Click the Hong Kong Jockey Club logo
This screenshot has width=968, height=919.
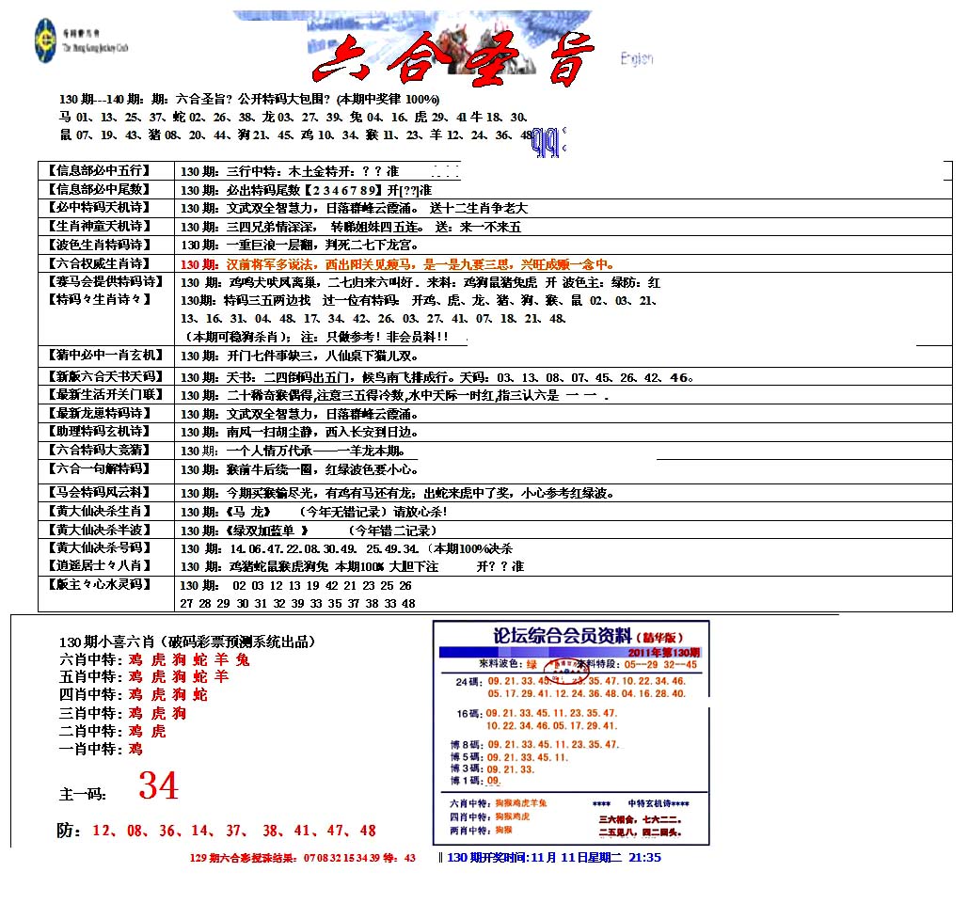(45, 41)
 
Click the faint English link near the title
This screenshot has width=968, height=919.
(637, 59)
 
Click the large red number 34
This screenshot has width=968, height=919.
(158, 785)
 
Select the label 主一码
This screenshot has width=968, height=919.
(84, 794)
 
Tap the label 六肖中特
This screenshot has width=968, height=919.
(91, 659)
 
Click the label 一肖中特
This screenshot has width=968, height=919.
(91, 749)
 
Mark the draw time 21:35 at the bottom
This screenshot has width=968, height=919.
(644, 858)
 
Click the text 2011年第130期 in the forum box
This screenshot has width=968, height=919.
(664, 652)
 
